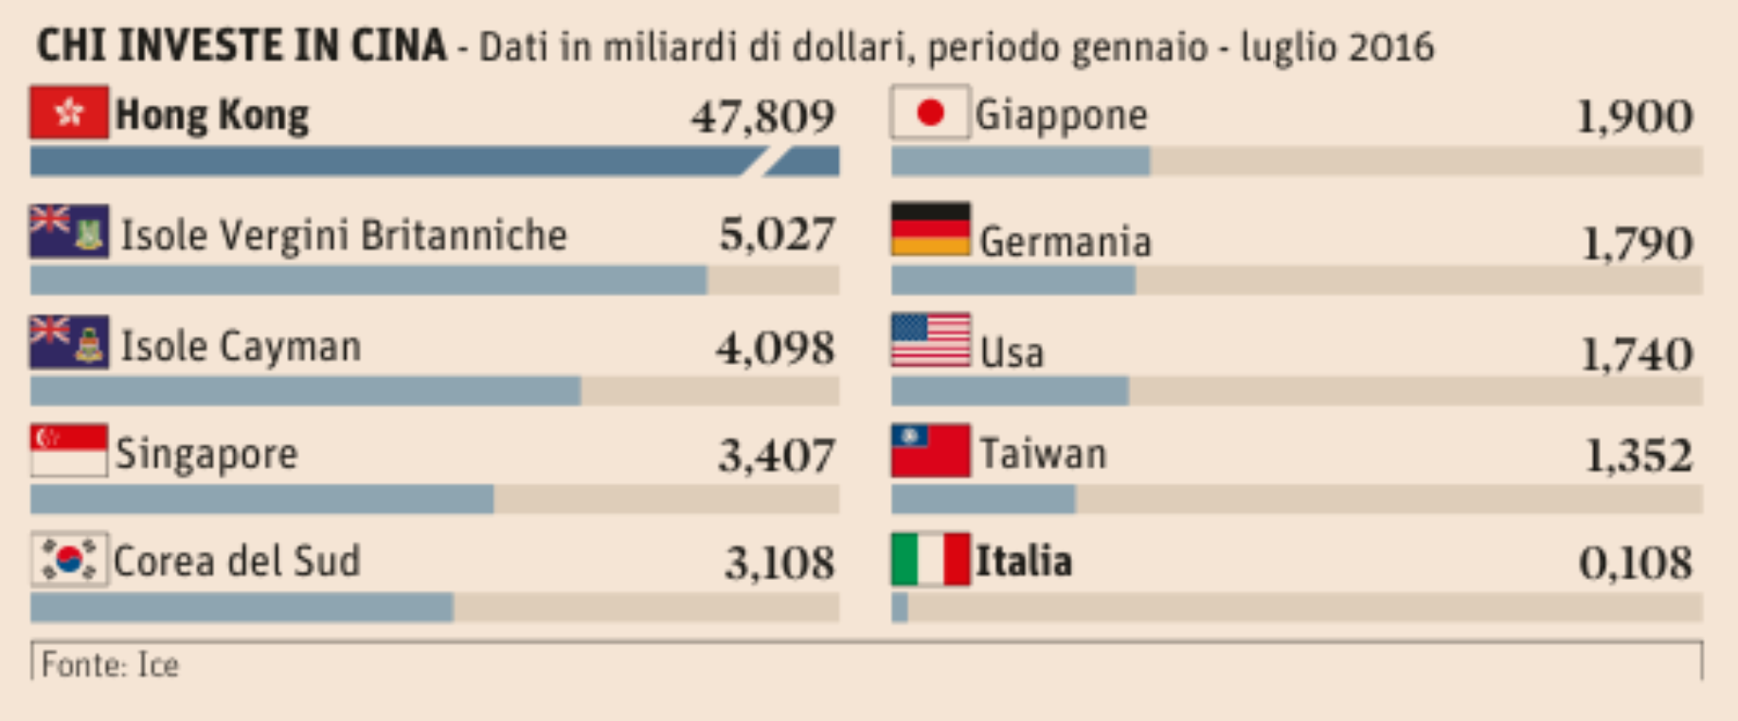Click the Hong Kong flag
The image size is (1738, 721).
69,113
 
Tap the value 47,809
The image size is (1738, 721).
762,117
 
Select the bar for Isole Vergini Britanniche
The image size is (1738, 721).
368,280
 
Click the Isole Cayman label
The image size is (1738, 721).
241,347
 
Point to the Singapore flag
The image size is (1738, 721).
69,450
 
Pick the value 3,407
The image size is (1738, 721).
776,456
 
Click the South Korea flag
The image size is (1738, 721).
69,559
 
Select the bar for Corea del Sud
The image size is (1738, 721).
242,608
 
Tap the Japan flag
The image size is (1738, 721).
930,113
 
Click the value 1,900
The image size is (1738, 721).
1634,117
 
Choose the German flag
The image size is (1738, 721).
930,230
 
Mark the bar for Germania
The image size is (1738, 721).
1013,280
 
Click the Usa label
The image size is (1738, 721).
1012,352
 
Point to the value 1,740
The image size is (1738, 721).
1636,355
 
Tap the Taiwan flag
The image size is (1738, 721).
930,451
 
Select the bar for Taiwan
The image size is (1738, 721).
983,499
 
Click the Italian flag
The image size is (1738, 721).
930,559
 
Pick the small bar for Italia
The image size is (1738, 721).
900,608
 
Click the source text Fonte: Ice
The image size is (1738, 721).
110,665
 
